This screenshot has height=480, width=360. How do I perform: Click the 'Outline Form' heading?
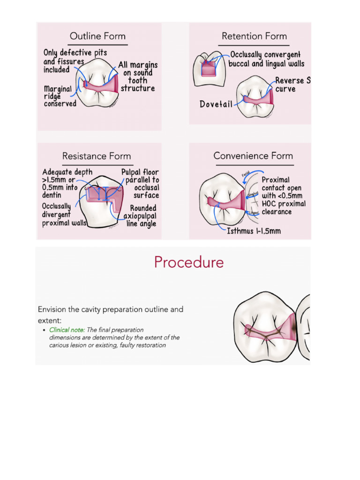pos(97,36)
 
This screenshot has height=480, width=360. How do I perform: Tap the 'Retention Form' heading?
pos(254,36)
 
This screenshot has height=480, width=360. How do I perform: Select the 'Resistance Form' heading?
pos(97,156)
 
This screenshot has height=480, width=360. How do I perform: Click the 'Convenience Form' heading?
pos(253,156)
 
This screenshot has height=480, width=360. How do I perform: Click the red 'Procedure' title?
pos(189,262)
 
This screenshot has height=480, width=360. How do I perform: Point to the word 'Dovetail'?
pos(216,104)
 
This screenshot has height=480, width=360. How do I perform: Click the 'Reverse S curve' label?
pos(292,85)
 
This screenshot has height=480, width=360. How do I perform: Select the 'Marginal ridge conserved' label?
pos(60,96)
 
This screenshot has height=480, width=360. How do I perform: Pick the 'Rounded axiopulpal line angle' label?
pos(140,216)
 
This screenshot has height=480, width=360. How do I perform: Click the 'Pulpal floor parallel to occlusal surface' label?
pos(140,184)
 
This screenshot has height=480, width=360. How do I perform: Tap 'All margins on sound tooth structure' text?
pos(138,76)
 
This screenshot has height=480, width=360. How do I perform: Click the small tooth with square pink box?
pos(209,68)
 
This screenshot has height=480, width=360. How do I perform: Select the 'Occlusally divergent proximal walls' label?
pos(64,215)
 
